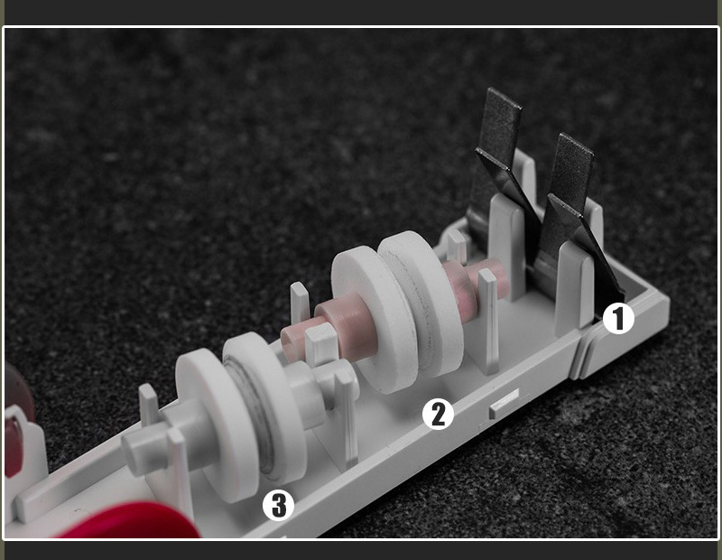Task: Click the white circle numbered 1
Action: pyautogui.click(x=618, y=318)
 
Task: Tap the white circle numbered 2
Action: pyautogui.click(x=438, y=414)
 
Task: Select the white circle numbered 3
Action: pyautogui.click(x=278, y=505)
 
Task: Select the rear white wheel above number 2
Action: pyautogui.click(x=421, y=302)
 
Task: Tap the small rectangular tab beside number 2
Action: pyautogui.click(x=504, y=404)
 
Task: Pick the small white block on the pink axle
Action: pyautogui.click(x=321, y=343)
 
